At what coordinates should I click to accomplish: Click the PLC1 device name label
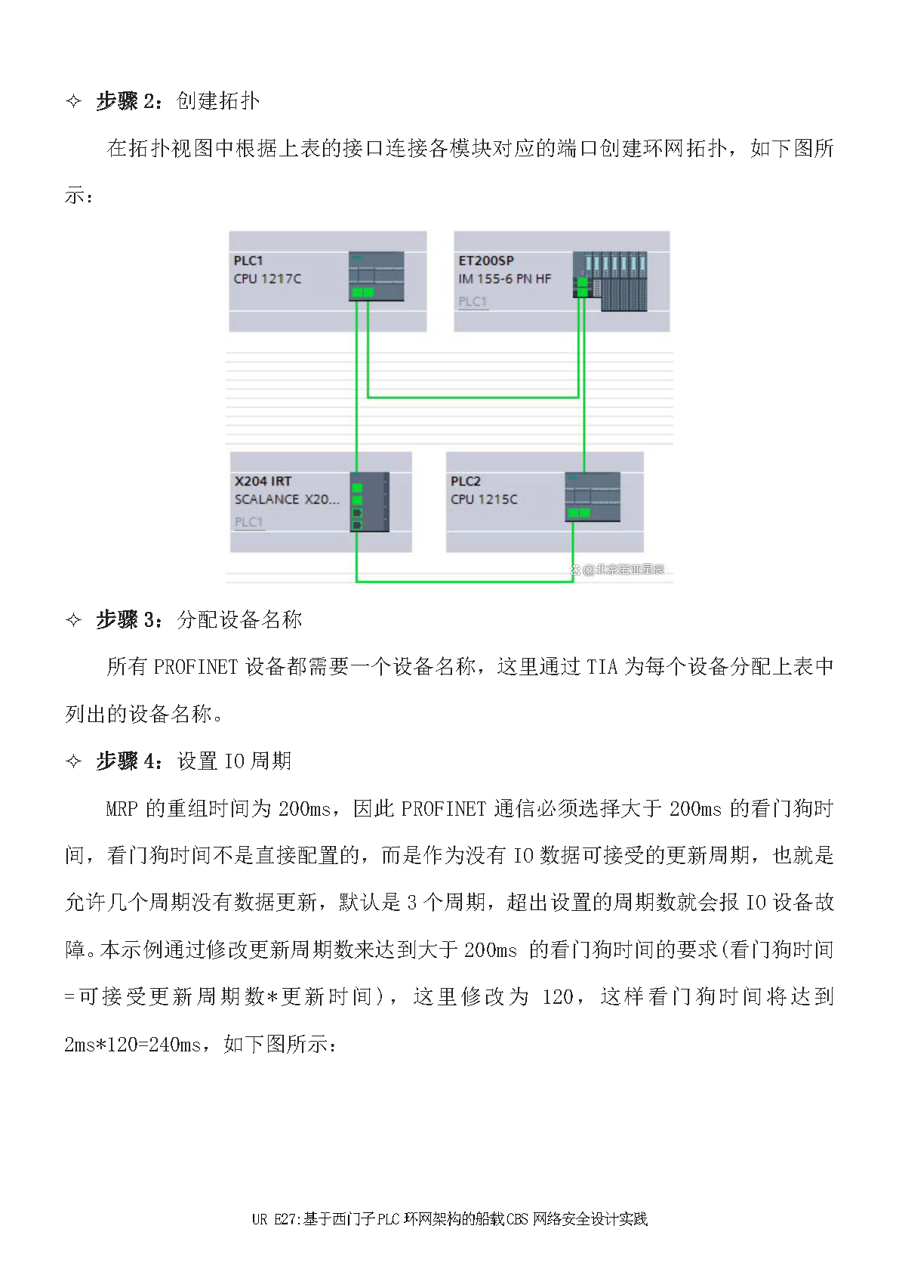(x=248, y=261)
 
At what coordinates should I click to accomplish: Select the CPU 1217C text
(x=267, y=279)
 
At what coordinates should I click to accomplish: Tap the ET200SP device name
(x=486, y=261)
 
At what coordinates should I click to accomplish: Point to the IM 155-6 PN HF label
(x=504, y=279)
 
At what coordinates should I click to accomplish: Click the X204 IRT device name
(x=263, y=481)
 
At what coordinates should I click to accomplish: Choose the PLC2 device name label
(x=466, y=481)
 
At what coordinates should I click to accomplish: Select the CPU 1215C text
(x=484, y=499)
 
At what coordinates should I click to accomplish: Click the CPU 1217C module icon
(x=376, y=276)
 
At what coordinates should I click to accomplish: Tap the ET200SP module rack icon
(x=611, y=281)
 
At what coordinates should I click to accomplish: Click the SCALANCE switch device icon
(x=369, y=502)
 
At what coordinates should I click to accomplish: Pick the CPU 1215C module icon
(x=593, y=497)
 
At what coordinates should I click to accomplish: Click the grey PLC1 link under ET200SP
(x=473, y=301)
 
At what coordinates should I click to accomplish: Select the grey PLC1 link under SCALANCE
(x=248, y=522)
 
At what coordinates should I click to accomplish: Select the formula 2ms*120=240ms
(x=133, y=1044)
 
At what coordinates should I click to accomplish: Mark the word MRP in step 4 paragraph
(x=122, y=808)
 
